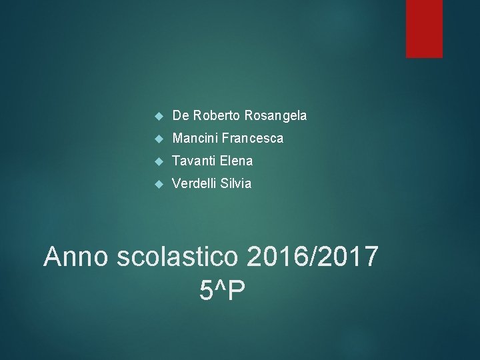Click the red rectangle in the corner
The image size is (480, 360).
point(424,28)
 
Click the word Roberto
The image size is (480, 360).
point(216,115)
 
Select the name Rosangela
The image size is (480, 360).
point(276,116)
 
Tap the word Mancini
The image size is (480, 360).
point(195,138)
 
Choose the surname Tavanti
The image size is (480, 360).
point(193,161)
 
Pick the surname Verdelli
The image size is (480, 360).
point(194,183)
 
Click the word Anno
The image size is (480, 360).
point(75,256)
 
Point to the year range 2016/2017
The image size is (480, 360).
point(313,256)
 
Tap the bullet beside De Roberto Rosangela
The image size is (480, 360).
point(158,116)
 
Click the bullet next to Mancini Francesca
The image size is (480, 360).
point(158,139)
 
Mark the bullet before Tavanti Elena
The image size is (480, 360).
point(158,161)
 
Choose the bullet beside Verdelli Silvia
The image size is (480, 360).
point(158,184)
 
